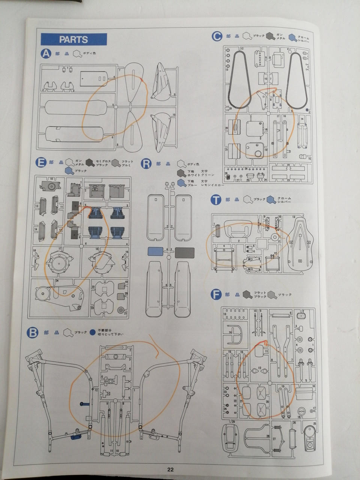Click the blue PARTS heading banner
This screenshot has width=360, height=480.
coord(73,39)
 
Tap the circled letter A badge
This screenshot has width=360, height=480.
coord(46,54)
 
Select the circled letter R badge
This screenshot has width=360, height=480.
coord(146,163)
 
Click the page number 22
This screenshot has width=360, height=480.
coord(170,469)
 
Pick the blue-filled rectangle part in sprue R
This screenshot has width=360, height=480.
coord(155,251)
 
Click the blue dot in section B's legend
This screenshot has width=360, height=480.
coord(93,332)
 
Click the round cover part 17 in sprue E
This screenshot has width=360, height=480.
coord(58,262)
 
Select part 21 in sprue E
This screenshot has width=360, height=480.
coord(121,311)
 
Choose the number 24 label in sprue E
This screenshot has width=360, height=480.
coord(57,280)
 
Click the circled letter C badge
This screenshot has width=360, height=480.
coord(217,36)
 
